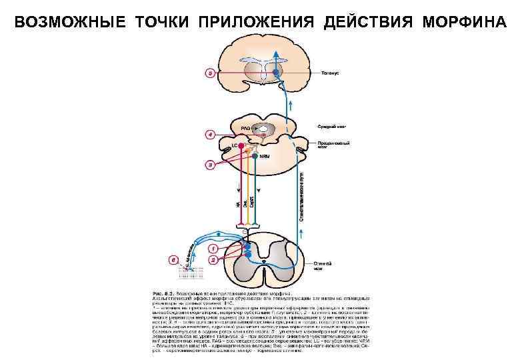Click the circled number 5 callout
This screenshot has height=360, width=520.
(210, 73)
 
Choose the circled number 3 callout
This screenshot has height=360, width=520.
(210, 163)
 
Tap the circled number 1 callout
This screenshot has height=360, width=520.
(213, 248)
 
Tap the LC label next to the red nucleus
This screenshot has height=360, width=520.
(235, 145)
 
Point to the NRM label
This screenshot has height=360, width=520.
(265, 157)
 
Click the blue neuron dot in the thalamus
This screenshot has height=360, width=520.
(267, 71)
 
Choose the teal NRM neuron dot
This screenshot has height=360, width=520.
(255, 157)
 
